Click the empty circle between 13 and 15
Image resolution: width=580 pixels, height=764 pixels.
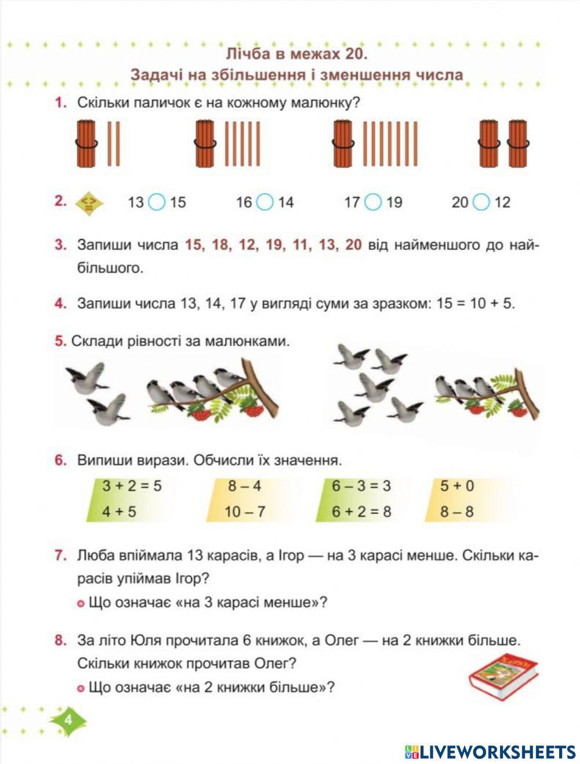[x=157, y=202]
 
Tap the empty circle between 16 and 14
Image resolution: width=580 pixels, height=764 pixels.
[x=264, y=202]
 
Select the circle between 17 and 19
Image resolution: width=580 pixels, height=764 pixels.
[x=373, y=202]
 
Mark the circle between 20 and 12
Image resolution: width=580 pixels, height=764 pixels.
[x=481, y=202]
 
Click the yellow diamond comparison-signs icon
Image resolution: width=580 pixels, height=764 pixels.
[x=89, y=202]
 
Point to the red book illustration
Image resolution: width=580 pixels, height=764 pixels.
[x=503, y=675]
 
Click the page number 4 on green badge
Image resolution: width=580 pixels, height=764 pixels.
[x=68, y=720]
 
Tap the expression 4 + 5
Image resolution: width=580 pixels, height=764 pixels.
[x=119, y=512]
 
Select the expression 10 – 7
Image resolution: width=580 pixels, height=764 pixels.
[x=245, y=512]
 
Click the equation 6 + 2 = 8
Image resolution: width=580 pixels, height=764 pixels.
[x=361, y=512]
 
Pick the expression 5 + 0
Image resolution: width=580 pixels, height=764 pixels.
[x=457, y=486]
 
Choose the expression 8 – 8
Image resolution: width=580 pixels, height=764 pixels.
[x=456, y=512]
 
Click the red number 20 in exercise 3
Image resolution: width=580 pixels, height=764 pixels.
[x=353, y=245]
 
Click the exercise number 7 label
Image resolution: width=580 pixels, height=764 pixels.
[x=61, y=555]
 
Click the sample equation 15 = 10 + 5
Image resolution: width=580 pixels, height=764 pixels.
[x=475, y=303]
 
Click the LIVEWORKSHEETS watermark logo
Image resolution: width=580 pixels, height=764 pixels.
[x=490, y=752]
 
